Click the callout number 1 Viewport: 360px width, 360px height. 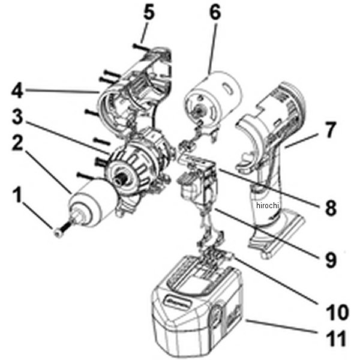click(17, 194)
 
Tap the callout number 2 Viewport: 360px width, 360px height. click(17, 143)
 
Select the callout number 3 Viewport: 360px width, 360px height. click(17, 117)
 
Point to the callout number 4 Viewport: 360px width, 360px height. click(17, 91)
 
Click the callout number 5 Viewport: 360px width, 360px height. click(149, 13)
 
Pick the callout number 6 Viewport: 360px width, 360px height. click(215, 13)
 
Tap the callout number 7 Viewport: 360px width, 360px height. click(330, 130)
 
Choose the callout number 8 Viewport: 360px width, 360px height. click(331, 208)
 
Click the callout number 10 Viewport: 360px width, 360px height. click(337, 312)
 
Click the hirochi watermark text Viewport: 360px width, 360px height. click(267, 205)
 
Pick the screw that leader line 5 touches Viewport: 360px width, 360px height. click(141, 47)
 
